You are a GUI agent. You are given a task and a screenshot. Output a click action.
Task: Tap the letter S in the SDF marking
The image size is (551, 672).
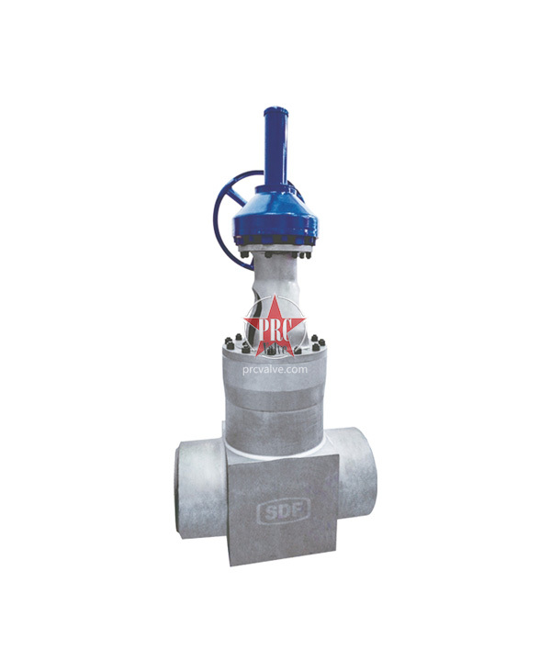pos(266,511)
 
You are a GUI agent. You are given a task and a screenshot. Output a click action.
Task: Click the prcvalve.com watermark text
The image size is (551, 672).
pos(275,369)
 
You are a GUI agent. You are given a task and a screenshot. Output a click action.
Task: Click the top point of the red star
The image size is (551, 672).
pos(275,296)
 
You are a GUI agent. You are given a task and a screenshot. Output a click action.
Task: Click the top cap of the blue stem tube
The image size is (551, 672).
pos(275,110)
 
